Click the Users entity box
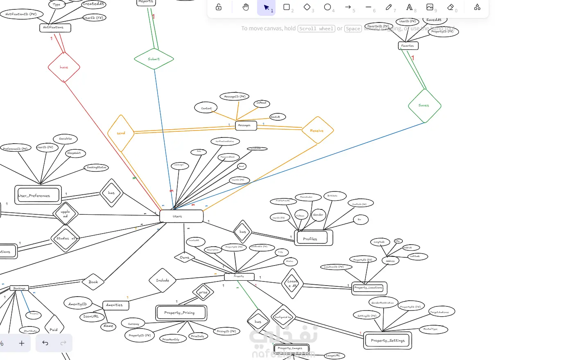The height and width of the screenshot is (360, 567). (x=181, y=216)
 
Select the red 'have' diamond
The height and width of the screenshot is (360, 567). (x=64, y=67)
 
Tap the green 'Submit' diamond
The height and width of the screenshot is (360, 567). (x=154, y=59)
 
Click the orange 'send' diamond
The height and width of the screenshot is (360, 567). (x=121, y=133)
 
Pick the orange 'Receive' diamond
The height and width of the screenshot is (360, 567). (x=317, y=130)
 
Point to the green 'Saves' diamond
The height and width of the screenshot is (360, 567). (x=425, y=106)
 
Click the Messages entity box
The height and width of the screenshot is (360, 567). (x=246, y=126)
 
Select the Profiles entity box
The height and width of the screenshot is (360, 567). (x=313, y=238)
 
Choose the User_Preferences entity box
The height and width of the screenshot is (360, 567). (x=38, y=195)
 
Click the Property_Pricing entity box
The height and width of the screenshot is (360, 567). (x=181, y=313)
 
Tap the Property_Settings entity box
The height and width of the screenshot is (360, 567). (x=387, y=340)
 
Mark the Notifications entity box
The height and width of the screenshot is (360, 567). (x=55, y=28)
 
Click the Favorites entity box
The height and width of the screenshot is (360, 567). (x=408, y=46)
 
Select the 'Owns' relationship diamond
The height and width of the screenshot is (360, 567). (x=185, y=257)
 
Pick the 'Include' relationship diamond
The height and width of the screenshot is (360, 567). (x=163, y=280)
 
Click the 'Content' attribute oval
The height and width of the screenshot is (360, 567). (x=206, y=108)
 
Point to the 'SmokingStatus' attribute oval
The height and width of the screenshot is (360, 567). (x=97, y=167)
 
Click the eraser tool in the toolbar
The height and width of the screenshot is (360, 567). (x=450, y=7)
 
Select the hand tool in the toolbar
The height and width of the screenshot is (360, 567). (x=246, y=7)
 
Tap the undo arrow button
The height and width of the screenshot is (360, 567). (x=45, y=343)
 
